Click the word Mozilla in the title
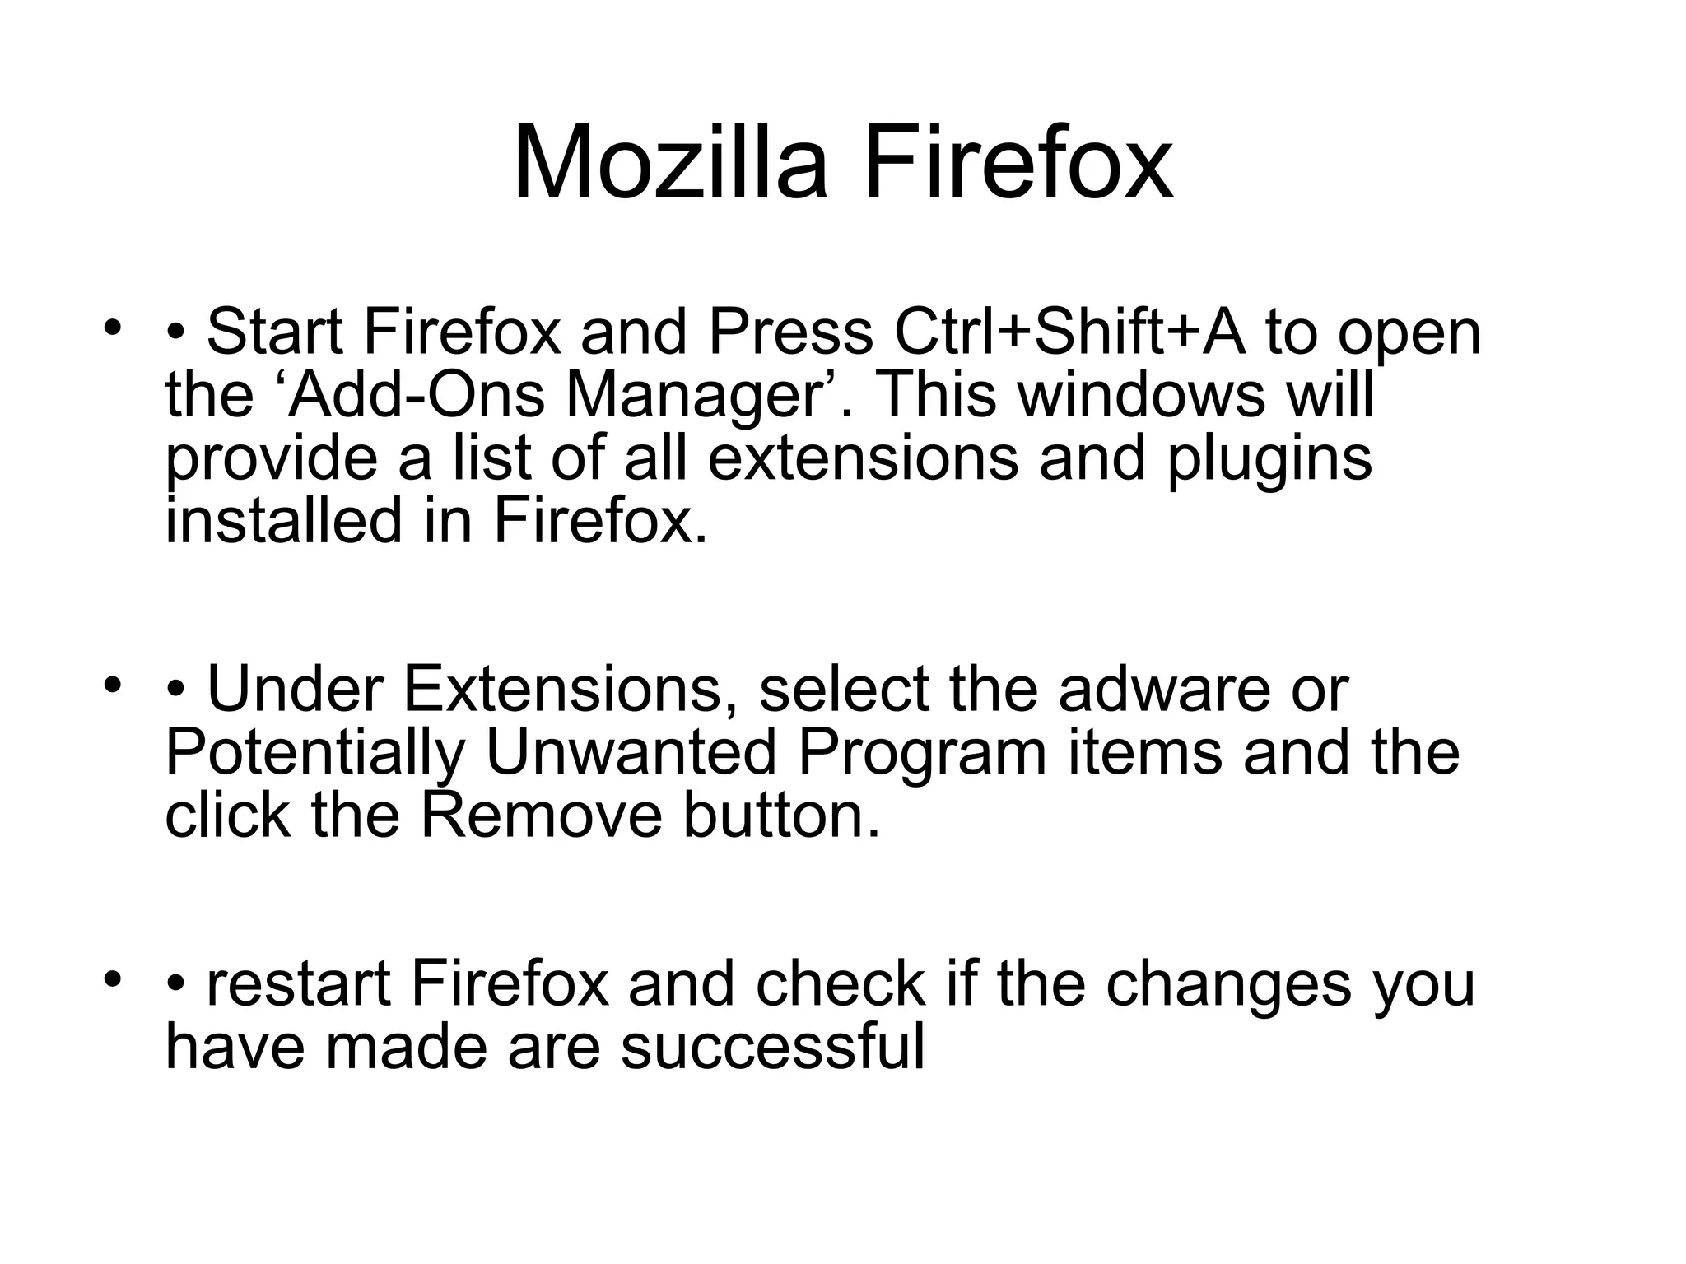point(669,162)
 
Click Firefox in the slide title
point(1018,162)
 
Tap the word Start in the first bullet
point(274,332)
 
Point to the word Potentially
point(315,753)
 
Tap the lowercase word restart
point(298,985)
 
